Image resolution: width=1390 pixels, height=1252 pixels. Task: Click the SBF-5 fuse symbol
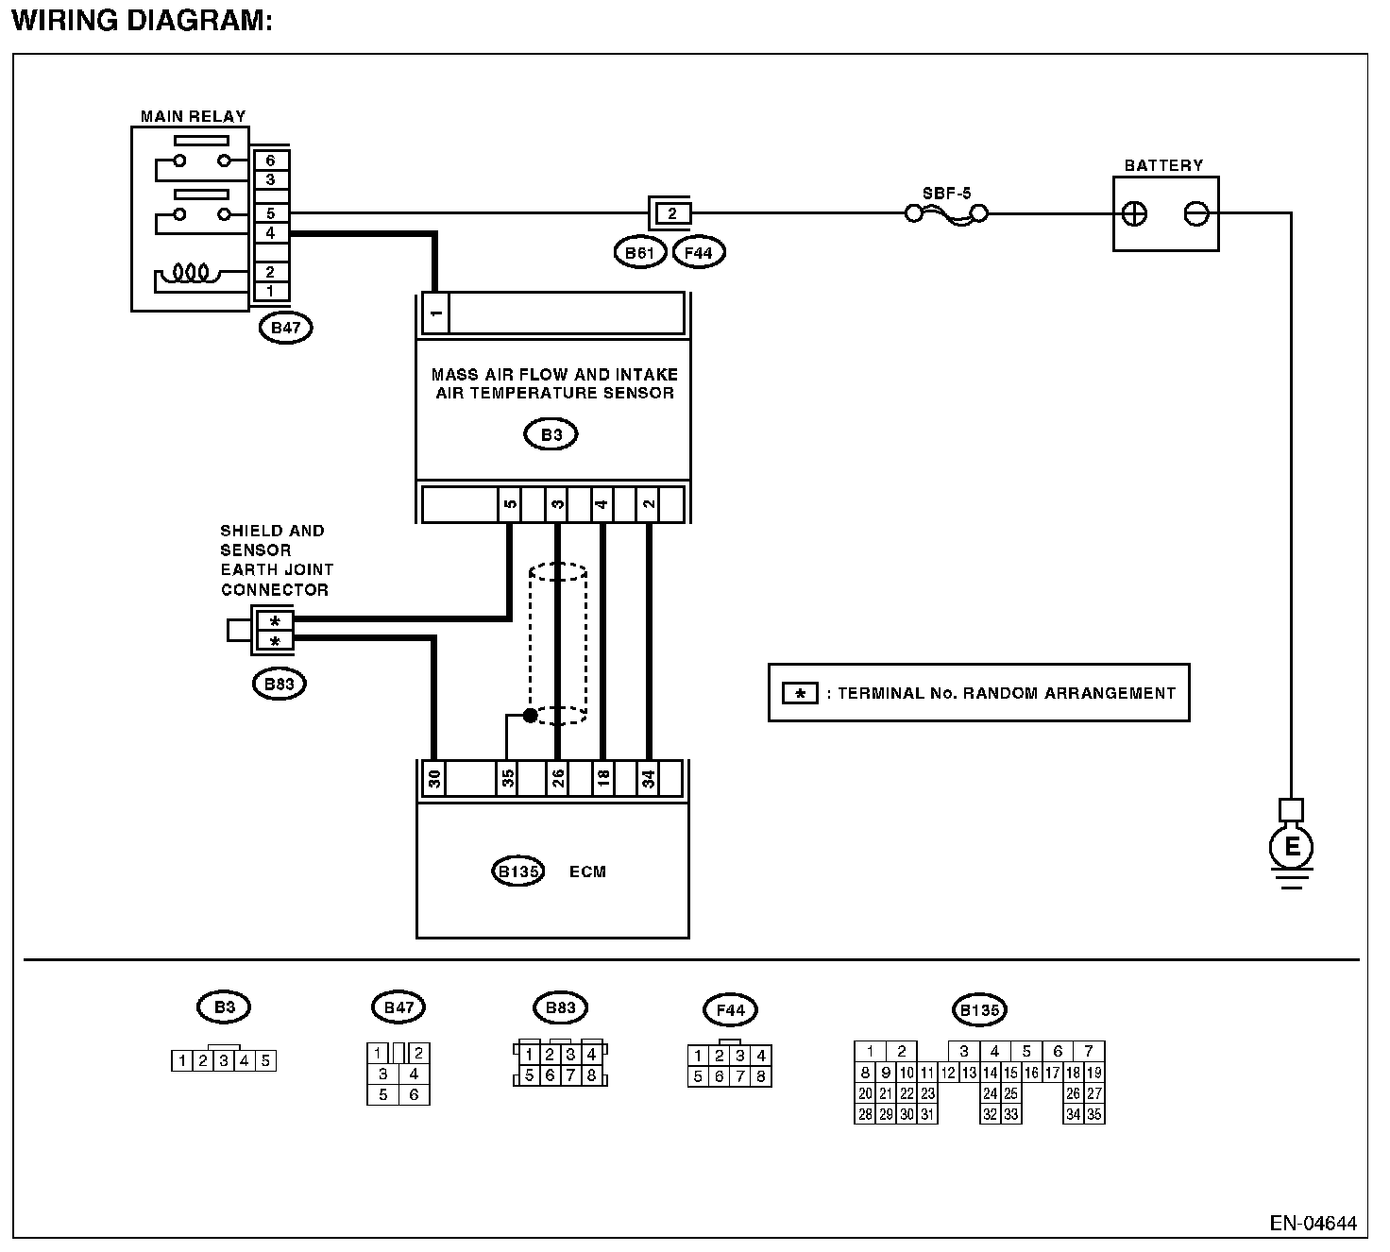946,214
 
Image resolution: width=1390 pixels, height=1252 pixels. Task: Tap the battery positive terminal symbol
1135,214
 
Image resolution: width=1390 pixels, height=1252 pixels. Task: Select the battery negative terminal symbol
1195,214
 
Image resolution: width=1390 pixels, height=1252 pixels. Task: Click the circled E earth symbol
1291,846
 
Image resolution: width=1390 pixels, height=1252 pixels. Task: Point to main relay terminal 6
271,161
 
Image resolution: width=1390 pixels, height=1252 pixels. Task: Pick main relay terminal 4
271,232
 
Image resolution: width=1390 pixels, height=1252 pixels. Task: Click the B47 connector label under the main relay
285,328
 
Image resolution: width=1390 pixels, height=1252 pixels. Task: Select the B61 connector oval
639,252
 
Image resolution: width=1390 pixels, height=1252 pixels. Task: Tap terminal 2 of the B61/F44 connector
671,213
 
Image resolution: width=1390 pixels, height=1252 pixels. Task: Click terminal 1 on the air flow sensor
434,313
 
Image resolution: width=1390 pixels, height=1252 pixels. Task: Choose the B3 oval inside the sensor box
551,434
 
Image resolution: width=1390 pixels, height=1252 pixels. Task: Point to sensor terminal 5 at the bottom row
510,504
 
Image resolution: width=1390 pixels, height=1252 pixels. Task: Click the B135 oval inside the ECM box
517,871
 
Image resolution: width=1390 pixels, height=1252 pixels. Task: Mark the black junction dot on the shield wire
530,716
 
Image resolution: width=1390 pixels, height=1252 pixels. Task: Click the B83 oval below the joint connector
280,684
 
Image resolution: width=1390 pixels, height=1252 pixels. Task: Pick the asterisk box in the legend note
800,694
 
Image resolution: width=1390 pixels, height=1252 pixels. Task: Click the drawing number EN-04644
1313,1224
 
